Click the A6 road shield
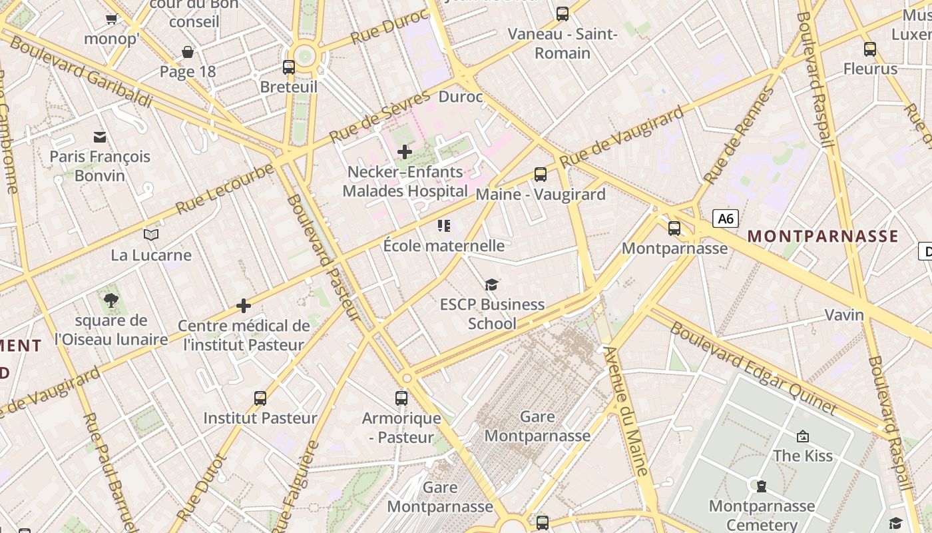click(726, 219)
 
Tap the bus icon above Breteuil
click(289, 67)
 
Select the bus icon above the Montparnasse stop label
click(674, 229)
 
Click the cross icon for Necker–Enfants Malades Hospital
click(405, 152)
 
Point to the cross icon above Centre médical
click(244, 306)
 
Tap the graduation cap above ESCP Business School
click(491, 285)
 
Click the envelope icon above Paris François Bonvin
click(100, 137)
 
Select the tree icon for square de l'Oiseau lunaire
click(111, 300)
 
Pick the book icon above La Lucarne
click(151, 235)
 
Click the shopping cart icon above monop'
click(111, 19)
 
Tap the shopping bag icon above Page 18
click(188, 52)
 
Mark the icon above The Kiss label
click(803, 436)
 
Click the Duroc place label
click(461, 97)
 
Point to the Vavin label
click(844, 314)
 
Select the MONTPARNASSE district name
click(823, 236)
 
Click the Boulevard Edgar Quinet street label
click(753, 367)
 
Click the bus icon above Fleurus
click(870, 49)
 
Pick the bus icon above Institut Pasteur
click(260, 398)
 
